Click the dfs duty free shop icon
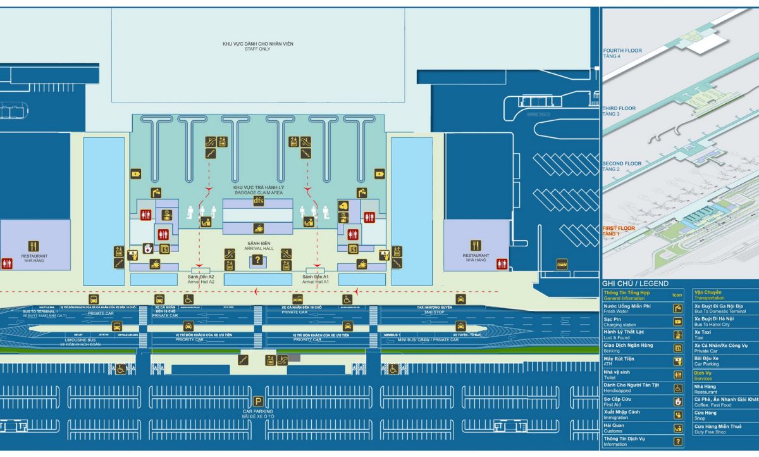[x=258, y=201]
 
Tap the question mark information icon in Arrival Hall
[x=257, y=260]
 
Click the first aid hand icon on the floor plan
[x=148, y=248]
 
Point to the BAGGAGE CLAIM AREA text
[x=258, y=191]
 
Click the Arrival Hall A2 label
[x=201, y=279]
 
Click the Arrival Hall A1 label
[x=316, y=279]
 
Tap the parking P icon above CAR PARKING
[x=258, y=401]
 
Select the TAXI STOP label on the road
[x=434, y=312]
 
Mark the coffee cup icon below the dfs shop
[x=258, y=228]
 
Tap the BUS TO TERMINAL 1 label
[x=40, y=311]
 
